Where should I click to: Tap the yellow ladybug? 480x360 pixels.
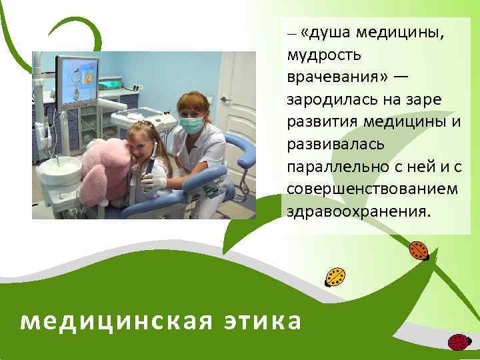(x=335, y=276)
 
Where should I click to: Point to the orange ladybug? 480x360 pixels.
(x=419, y=250)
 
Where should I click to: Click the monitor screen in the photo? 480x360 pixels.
(x=78, y=81)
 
